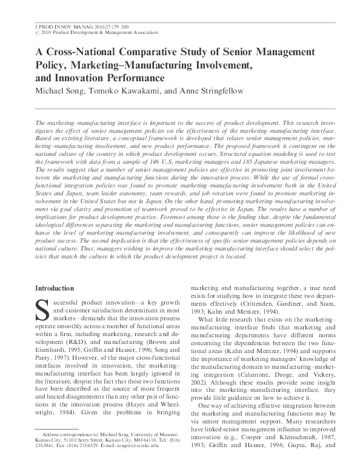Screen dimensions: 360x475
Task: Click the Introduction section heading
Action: (x=56, y=288)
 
